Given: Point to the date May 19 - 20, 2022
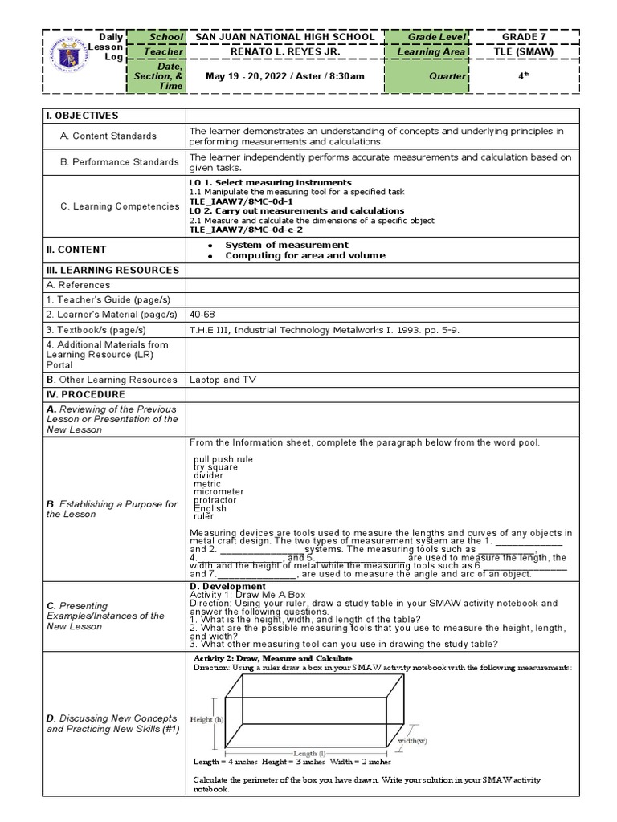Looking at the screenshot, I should [x=244, y=76].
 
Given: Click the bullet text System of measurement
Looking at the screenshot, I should [x=286, y=245].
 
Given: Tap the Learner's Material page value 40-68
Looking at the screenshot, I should [x=202, y=314].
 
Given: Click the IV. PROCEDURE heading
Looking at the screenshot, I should [x=85, y=395].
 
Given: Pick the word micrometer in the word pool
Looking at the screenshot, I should [x=219, y=492].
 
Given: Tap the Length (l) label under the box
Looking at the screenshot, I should [x=309, y=753].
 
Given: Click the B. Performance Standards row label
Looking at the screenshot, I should [x=119, y=162].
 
